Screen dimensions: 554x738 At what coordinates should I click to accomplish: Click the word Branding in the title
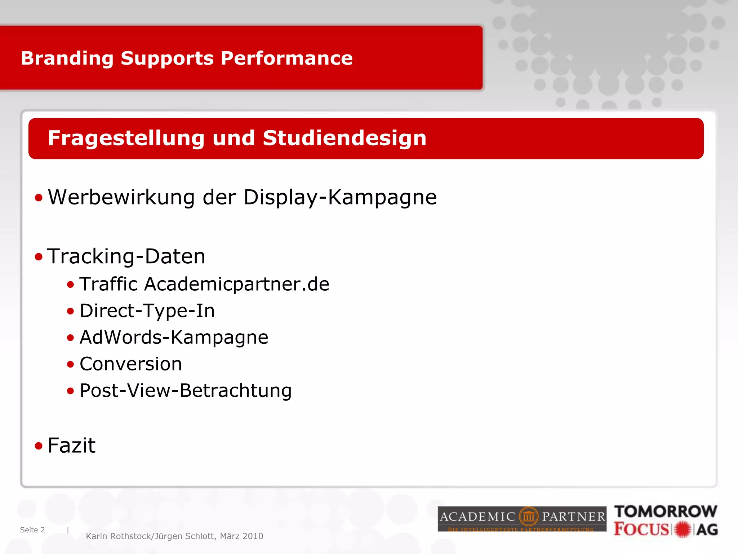click(x=67, y=58)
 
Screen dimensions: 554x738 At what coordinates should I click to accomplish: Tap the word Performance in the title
click(x=286, y=58)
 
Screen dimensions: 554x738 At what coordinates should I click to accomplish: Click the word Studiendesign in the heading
click(x=344, y=138)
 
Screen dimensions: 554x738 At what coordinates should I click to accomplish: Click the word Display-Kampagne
click(x=340, y=197)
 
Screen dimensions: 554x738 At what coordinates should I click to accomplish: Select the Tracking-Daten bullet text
click(x=126, y=256)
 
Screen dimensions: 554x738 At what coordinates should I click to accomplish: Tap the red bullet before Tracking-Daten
click(x=39, y=257)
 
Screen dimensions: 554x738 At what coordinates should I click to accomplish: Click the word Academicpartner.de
click(x=237, y=284)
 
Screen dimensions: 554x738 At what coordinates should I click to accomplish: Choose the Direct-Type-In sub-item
click(x=147, y=311)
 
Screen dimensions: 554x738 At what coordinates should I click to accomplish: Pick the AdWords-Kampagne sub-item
click(x=174, y=338)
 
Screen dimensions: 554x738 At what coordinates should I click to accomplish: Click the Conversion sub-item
click(x=130, y=364)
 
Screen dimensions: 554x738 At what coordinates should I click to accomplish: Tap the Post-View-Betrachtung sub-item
click(x=186, y=391)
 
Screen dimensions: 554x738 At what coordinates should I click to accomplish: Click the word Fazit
click(x=71, y=445)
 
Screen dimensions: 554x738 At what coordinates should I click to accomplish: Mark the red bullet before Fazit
click(x=39, y=446)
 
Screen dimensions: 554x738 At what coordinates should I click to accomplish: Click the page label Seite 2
click(x=32, y=530)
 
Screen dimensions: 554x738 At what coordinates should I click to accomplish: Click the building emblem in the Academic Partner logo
click(x=529, y=516)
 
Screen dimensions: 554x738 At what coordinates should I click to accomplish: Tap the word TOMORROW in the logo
click(x=666, y=511)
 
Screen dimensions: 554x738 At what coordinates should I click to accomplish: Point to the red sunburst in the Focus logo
click(x=683, y=529)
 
